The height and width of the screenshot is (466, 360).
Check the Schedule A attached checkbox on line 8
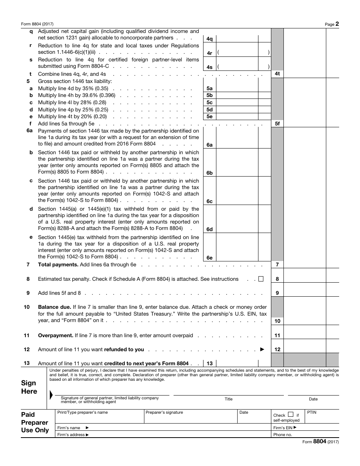tap(261, 279)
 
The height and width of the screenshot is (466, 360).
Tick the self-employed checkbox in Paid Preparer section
tap(291, 414)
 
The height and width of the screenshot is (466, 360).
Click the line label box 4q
tap(210, 39)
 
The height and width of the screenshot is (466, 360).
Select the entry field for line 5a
tap(237, 88)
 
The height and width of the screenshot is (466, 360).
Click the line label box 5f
tap(277, 124)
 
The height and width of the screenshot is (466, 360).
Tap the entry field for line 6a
tap(237, 138)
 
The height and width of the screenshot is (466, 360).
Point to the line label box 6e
tap(210, 258)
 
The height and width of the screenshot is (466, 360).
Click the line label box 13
tap(210, 363)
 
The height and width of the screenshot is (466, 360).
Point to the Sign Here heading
tap(29, 387)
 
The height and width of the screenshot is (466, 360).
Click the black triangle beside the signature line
tap(51, 395)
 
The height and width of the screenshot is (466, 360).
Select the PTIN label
tap(311, 412)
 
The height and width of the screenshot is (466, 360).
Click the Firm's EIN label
tap(285, 428)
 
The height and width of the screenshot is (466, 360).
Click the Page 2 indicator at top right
tap(332, 24)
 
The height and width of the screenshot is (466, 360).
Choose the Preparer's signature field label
tap(164, 412)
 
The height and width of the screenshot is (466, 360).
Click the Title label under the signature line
tap(229, 399)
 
